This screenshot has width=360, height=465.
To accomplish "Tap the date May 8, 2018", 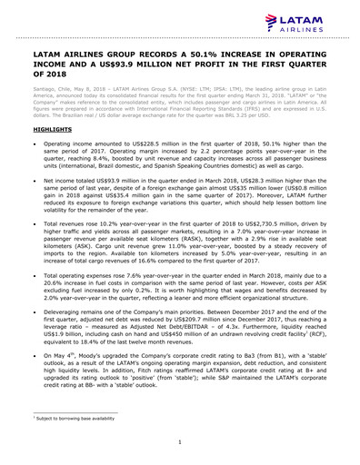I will coord(93,91).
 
